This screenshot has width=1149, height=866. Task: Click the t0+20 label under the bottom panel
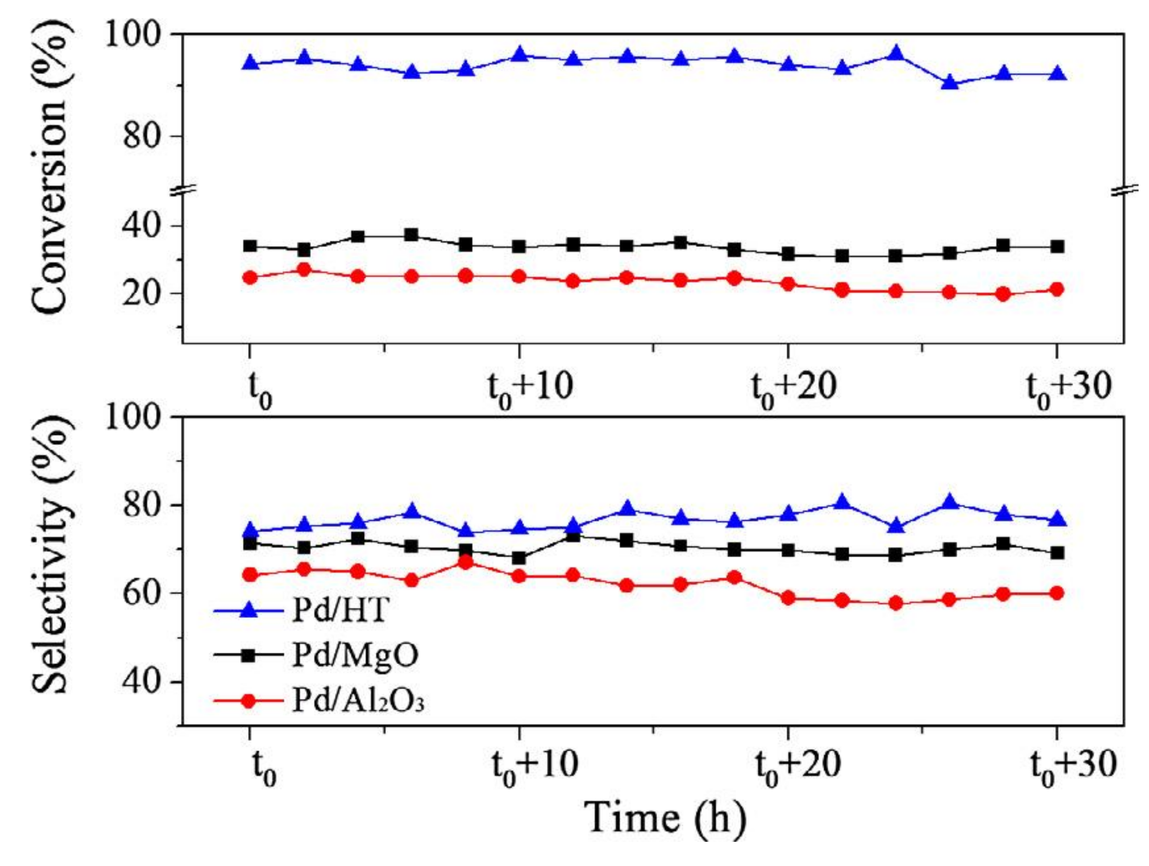[797, 767]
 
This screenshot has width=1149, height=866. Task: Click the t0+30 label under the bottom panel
[1073, 767]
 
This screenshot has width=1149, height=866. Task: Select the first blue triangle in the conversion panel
[251, 63]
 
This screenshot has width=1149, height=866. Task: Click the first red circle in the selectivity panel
[251, 575]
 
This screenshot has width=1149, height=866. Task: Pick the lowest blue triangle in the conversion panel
[950, 83]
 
